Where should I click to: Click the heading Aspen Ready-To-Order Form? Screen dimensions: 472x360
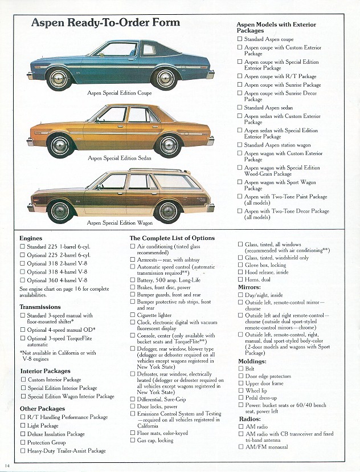tap(105, 23)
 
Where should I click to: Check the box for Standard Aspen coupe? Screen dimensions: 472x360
tap(240, 39)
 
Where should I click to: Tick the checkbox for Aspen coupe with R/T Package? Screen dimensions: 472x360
tap(240, 76)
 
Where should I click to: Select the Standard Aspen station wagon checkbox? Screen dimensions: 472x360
tap(240, 145)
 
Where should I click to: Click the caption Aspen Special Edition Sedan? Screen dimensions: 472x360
tap(120, 158)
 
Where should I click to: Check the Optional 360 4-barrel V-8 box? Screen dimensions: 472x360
tap(23, 280)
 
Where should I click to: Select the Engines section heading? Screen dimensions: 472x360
tap(31, 238)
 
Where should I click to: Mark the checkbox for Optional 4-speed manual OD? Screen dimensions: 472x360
tap(23, 330)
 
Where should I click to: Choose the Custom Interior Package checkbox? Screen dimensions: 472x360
tap(23, 380)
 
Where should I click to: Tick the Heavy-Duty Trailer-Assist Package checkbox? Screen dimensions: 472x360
tap(23, 451)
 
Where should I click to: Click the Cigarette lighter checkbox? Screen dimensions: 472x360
tap(133, 315)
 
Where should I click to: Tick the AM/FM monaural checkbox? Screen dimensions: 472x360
tap(240, 447)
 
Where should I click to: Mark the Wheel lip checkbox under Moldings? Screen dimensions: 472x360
tap(240, 391)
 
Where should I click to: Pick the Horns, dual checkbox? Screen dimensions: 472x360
tap(240, 280)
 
